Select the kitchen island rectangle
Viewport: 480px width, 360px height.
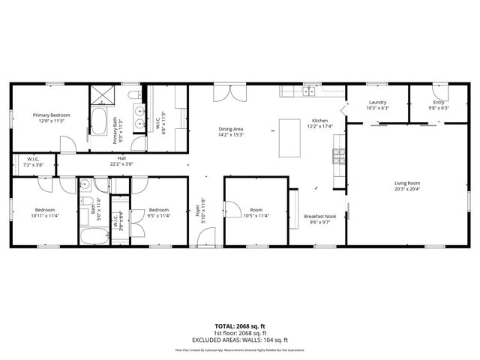(x=289, y=137)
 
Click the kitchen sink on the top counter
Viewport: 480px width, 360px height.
(x=308, y=92)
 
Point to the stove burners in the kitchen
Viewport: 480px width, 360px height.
(x=338, y=157)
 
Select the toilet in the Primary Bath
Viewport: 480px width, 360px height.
(x=133, y=95)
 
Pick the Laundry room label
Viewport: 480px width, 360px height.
(x=377, y=103)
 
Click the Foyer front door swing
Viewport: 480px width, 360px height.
(x=202, y=238)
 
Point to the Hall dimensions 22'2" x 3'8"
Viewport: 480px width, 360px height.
(x=122, y=164)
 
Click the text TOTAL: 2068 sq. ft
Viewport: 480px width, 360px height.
(x=240, y=325)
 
